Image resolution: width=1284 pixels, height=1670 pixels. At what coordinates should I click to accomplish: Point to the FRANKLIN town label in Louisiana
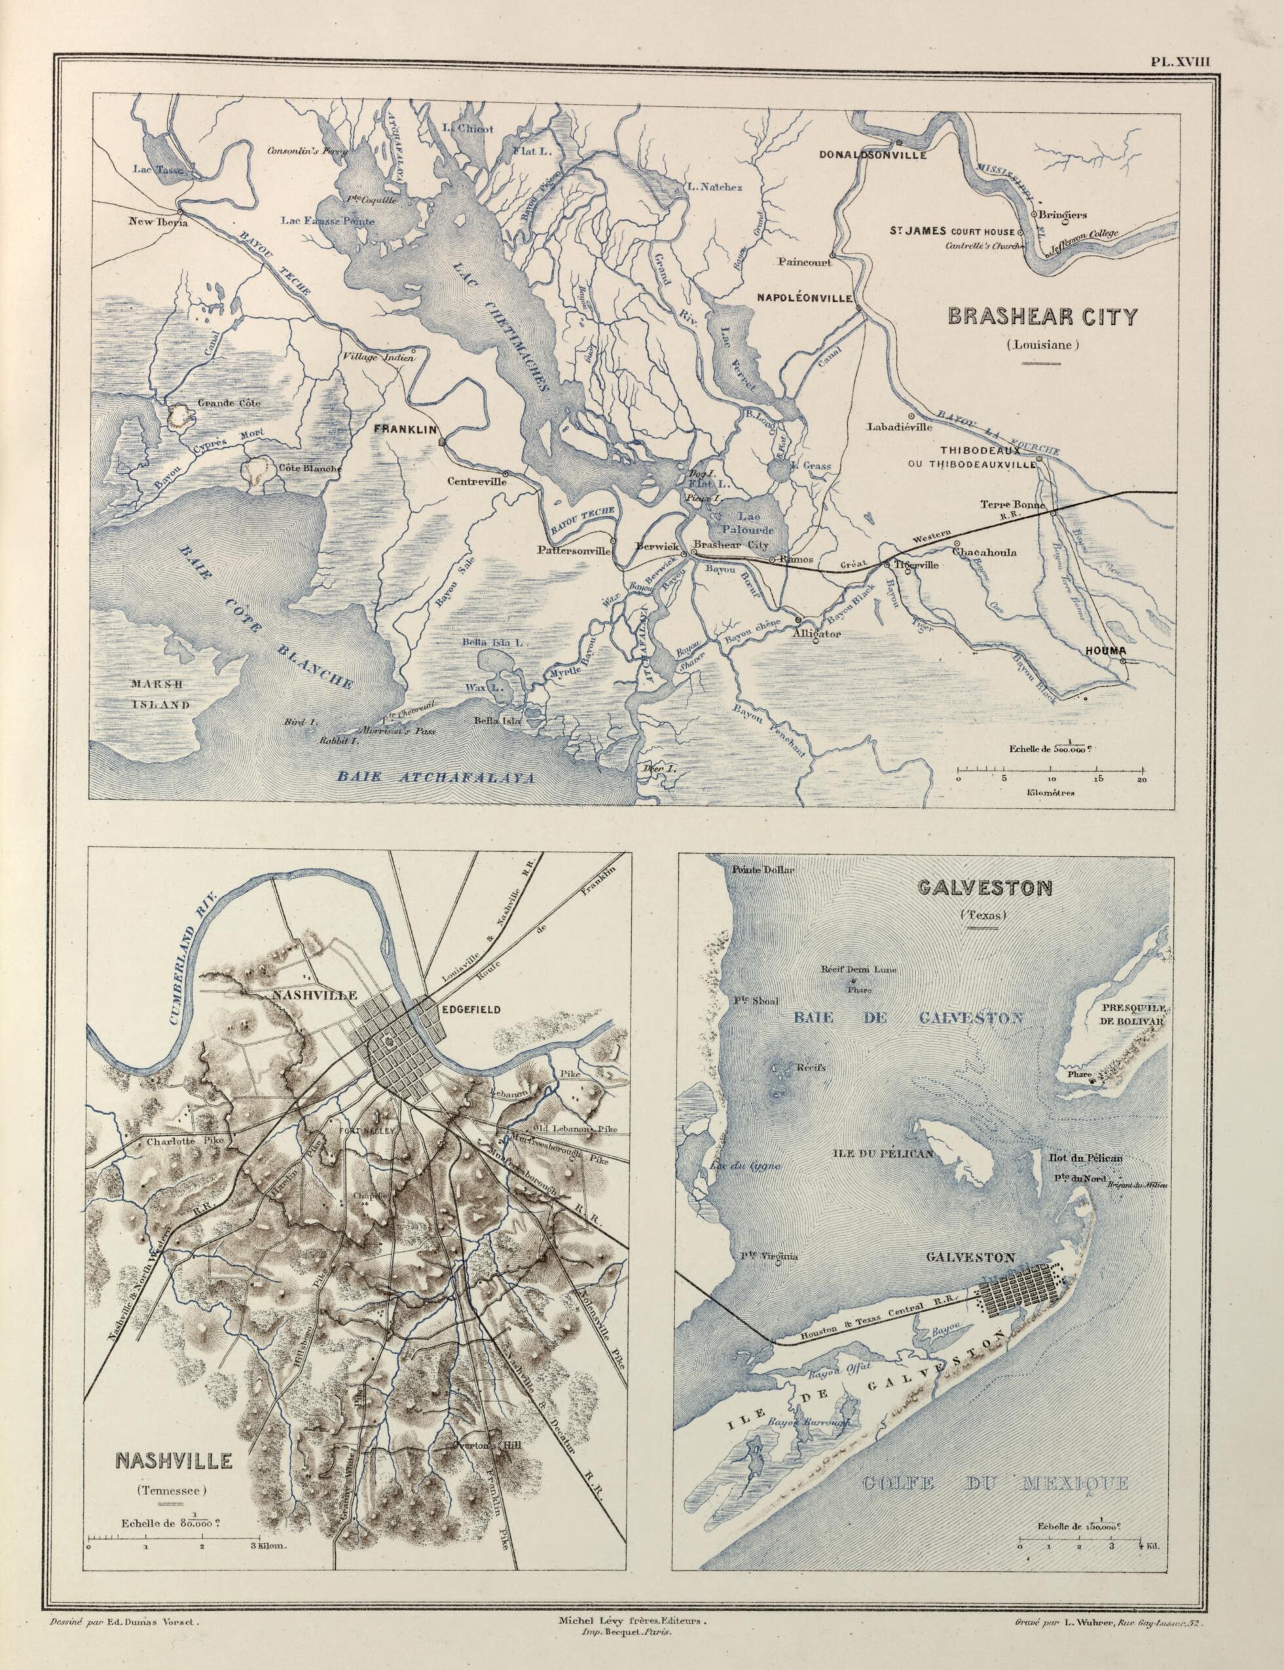click(x=404, y=430)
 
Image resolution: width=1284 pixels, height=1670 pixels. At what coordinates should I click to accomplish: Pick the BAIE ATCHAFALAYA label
click(x=435, y=778)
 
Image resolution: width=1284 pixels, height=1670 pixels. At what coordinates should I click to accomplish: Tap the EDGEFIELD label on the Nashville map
click(x=470, y=1010)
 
